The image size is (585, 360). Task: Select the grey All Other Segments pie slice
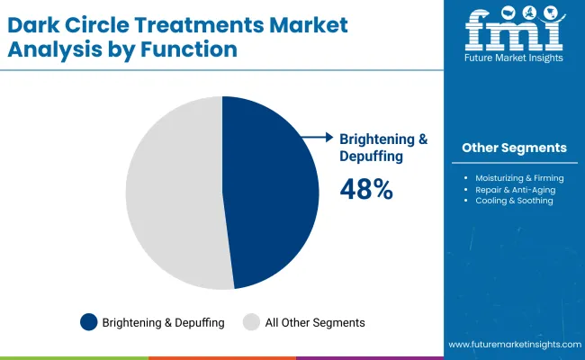(171, 193)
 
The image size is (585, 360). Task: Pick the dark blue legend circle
(88, 321)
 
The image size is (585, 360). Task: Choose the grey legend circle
(252, 321)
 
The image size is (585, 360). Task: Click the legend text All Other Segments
(315, 321)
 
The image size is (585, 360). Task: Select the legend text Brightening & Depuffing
(163, 321)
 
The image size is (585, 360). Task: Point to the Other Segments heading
(514, 148)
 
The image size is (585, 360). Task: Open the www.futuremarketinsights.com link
(512, 345)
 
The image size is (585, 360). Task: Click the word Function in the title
(195, 49)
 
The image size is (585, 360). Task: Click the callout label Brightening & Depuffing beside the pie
(382, 147)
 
